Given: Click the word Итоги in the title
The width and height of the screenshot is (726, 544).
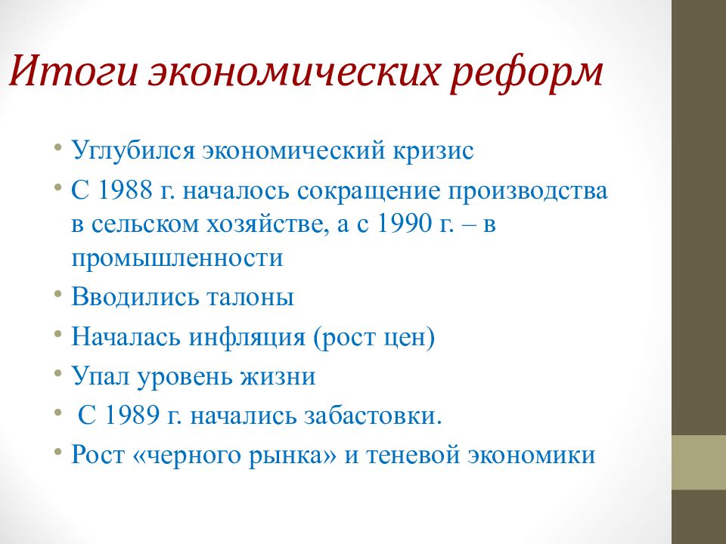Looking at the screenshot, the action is [x=73, y=71].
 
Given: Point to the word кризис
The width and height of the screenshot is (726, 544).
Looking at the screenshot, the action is [x=433, y=151].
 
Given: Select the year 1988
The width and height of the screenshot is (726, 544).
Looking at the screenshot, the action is [x=126, y=190].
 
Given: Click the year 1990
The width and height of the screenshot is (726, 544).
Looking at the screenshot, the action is [x=405, y=224].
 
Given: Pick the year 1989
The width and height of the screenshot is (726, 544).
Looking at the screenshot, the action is [x=132, y=415].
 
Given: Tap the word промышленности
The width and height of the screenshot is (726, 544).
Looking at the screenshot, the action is [x=177, y=258].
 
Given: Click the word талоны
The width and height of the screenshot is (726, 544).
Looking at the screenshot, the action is [x=250, y=297].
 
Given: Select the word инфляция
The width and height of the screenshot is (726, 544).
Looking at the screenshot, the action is [x=247, y=337].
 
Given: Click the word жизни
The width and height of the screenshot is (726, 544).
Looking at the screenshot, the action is [x=278, y=376].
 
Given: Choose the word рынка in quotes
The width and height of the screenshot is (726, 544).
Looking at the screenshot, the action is [x=292, y=455].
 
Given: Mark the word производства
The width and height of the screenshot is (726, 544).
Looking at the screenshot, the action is [x=527, y=190].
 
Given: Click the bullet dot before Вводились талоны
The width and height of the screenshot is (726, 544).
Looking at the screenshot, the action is [x=57, y=293].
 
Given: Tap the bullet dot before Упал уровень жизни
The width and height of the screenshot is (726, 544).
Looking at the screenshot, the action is [x=57, y=372].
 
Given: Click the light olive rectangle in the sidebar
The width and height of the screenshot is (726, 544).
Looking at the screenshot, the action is [x=699, y=462].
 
